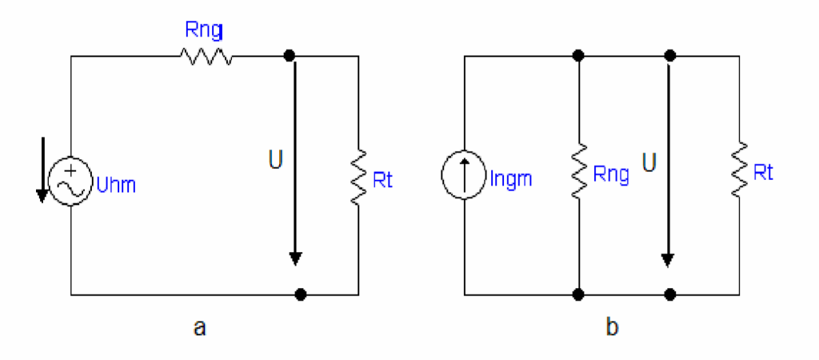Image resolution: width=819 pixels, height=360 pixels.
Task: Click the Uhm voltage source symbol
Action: pos(70,182)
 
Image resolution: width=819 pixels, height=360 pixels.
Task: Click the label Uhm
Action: pos(115,185)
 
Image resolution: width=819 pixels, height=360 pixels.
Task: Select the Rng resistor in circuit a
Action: pos(206,55)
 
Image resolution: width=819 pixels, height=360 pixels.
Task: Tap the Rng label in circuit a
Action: pos(204,31)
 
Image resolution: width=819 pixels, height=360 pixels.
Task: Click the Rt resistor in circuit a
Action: pos(359,177)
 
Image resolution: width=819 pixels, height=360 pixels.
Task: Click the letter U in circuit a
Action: pos(276,161)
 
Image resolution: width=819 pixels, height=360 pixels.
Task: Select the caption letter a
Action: pos(199,328)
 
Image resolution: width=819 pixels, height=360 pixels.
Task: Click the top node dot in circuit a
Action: pos(288,55)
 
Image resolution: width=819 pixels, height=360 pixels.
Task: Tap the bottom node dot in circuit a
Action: pos(300,295)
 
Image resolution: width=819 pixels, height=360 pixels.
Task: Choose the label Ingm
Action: pos(511,179)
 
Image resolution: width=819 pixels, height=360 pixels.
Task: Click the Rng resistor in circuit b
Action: pos(578,170)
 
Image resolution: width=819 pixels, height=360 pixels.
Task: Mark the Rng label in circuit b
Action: pos(610,175)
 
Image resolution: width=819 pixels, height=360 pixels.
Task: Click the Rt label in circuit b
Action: pos(763,173)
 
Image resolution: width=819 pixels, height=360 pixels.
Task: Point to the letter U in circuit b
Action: pos(651,163)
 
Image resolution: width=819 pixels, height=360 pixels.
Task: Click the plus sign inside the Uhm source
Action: pos(71,171)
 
